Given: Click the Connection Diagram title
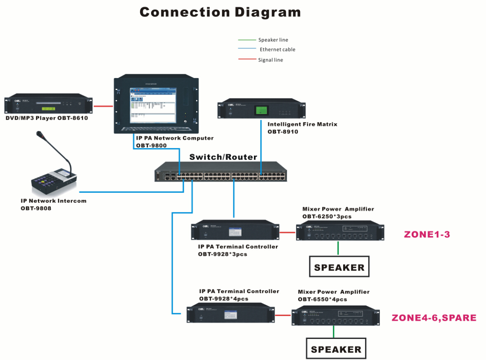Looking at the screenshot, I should click(x=220, y=12).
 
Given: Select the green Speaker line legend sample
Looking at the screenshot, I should click(x=247, y=40).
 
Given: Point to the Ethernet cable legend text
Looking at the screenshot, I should click(x=277, y=50).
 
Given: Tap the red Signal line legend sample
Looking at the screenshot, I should click(x=247, y=59).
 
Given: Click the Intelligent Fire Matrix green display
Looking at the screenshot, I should click(x=261, y=110).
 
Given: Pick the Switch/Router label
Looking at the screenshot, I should click(x=223, y=157).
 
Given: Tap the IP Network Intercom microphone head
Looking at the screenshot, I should click(x=40, y=134).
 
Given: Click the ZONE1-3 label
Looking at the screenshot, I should click(x=427, y=234).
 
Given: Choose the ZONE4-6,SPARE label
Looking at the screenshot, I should click(x=434, y=318).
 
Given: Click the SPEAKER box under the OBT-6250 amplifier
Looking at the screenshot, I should click(x=339, y=267).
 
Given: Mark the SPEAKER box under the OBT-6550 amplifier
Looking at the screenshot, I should click(x=336, y=349).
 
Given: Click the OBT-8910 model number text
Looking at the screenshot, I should click(x=283, y=132).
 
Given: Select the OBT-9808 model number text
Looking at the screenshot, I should click(x=36, y=208).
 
